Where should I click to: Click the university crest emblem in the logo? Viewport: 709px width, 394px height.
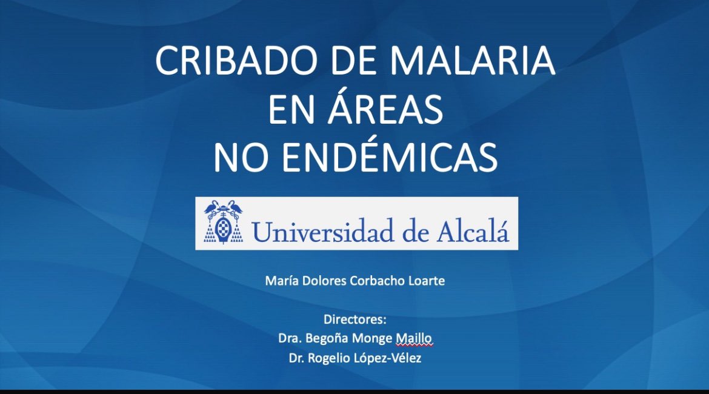[x=223, y=223]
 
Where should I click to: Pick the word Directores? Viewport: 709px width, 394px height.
[x=354, y=319]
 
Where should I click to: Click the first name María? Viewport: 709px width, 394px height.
[x=281, y=281]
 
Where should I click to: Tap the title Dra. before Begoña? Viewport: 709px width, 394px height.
[x=289, y=338]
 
